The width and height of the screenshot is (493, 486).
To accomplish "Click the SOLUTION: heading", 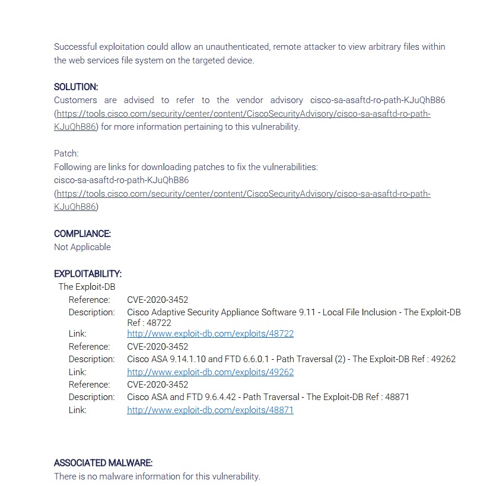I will [76, 87].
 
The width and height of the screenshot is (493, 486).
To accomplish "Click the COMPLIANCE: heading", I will [82, 234].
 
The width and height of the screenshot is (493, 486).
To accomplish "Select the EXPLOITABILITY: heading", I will [88, 274].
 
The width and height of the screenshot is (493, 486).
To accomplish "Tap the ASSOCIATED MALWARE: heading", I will [103, 463].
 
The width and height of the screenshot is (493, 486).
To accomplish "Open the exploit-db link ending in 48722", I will [210, 334].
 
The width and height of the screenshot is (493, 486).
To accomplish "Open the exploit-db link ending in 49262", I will [210, 372].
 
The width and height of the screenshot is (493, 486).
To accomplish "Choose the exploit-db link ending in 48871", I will [210, 410].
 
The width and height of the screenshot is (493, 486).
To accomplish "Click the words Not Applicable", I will [82, 247].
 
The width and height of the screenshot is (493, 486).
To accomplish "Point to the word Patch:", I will [66, 154].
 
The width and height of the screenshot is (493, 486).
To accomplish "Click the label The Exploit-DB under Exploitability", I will [87, 287].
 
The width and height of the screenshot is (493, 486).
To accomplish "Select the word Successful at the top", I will [74, 47].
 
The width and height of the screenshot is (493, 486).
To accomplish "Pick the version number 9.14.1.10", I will [191, 359].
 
